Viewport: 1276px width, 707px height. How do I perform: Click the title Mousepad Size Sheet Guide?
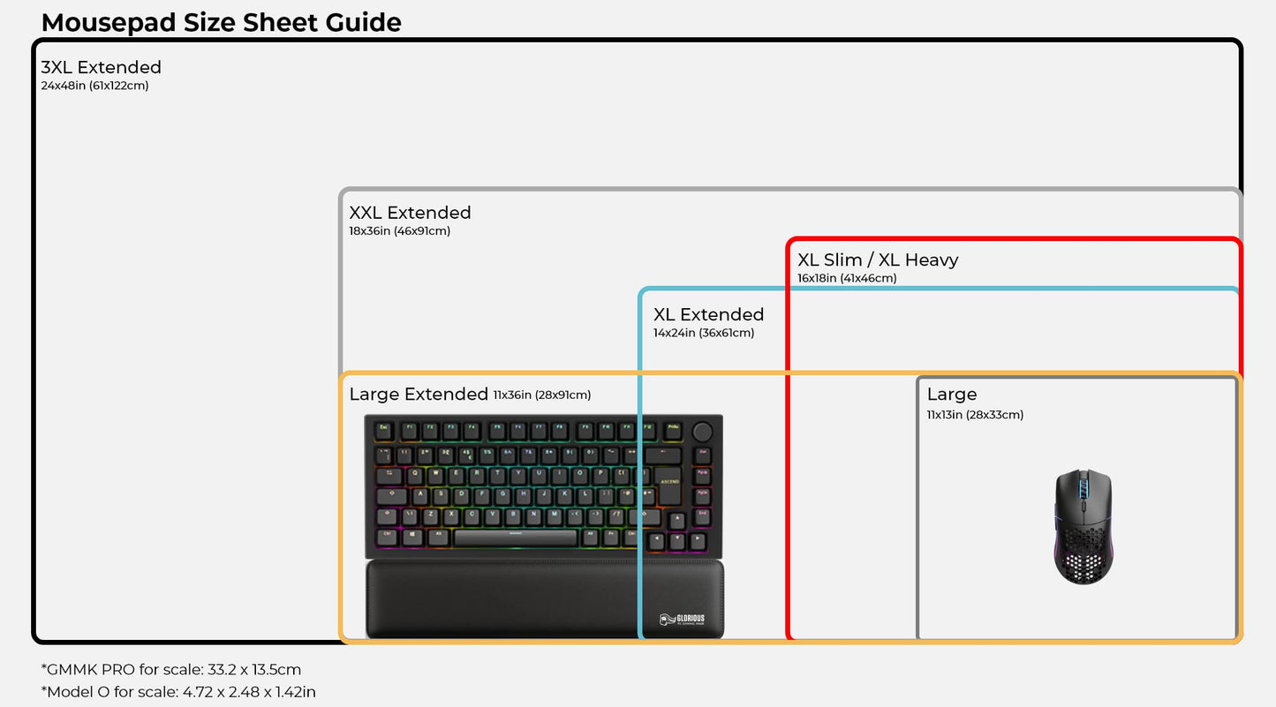(221, 22)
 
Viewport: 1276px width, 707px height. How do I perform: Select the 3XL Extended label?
(101, 67)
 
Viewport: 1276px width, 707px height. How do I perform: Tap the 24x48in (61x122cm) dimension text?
(94, 86)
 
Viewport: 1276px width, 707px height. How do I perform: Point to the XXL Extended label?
(410, 213)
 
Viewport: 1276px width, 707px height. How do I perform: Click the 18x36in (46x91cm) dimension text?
(399, 231)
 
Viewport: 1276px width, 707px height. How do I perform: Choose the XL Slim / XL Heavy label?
(878, 259)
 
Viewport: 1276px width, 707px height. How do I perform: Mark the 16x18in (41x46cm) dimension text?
(847, 278)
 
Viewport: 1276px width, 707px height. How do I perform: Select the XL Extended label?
(708, 314)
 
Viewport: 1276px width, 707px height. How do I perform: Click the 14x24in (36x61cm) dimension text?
(704, 333)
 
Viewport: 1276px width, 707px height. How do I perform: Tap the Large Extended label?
(419, 394)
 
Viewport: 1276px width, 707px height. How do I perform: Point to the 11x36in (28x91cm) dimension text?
(542, 395)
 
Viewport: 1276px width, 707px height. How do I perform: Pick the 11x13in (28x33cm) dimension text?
(975, 415)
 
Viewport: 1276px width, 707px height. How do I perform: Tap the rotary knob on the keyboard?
(703, 432)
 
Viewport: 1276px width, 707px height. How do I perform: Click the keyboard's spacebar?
(515, 538)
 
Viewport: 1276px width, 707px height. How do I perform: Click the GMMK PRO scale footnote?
(170, 670)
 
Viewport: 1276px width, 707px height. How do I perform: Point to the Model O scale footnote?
(178, 692)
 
